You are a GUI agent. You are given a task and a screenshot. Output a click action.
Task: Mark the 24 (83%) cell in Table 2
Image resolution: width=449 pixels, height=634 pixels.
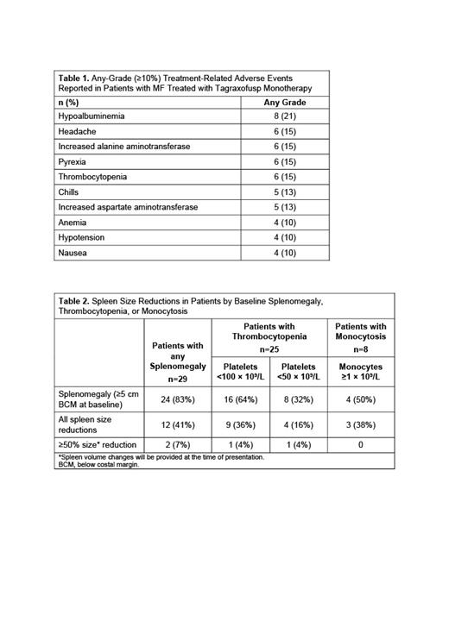pyautogui.click(x=177, y=399)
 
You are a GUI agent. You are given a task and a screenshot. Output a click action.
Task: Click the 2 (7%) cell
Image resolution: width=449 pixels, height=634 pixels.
pyautogui.click(x=177, y=445)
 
